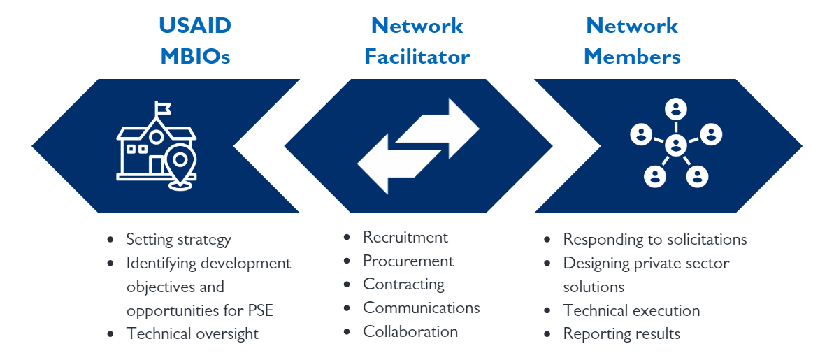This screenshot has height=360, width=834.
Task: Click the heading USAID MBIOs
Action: coord(195,41)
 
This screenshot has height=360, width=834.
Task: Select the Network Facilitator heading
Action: coord(417,41)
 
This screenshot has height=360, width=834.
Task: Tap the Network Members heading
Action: coord(632,41)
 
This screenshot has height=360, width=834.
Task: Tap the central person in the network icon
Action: coord(675,145)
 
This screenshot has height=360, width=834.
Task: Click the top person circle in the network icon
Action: coord(676,109)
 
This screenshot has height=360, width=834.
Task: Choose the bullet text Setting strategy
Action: coord(178,240)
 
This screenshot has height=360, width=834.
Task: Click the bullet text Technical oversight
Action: coord(192,334)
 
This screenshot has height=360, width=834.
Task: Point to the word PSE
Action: coord(275,310)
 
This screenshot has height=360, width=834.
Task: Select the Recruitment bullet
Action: coord(405,238)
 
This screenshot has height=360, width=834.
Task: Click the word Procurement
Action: coord(408,261)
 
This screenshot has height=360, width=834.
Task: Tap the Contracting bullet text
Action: coord(403,285)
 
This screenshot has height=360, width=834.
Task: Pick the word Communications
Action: coord(422,308)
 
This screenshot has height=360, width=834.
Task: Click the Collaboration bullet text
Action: coord(410,332)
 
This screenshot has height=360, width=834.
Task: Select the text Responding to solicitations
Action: coord(655,240)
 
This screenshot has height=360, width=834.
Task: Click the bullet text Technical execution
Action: coord(631,311)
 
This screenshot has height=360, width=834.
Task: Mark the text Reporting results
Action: coord(621,334)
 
